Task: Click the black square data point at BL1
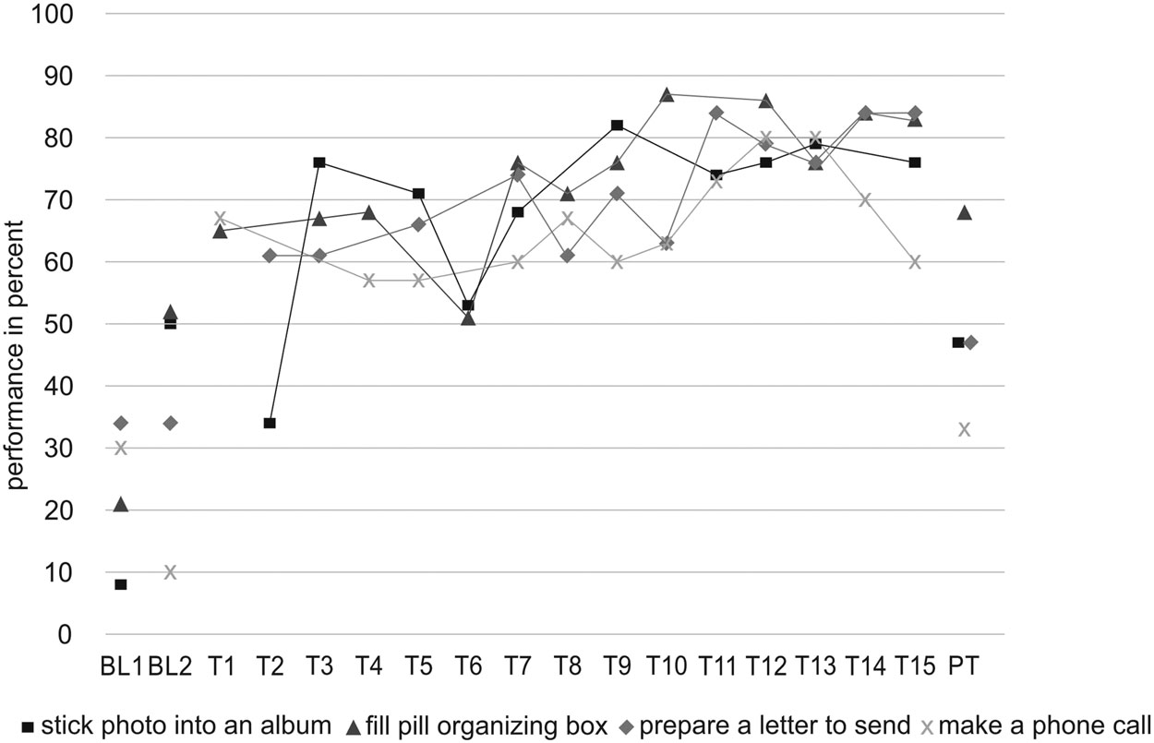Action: tap(120, 584)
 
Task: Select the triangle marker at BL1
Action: tap(120, 504)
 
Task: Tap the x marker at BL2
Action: tap(170, 572)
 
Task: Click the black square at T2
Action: tap(270, 423)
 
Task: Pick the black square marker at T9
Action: tap(617, 125)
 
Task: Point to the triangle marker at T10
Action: tap(667, 94)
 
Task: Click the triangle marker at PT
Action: tap(964, 212)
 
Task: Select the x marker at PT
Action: tap(964, 429)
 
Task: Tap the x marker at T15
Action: tap(915, 262)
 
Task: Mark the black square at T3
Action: tap(319, 162)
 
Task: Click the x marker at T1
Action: tap(220, 218)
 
